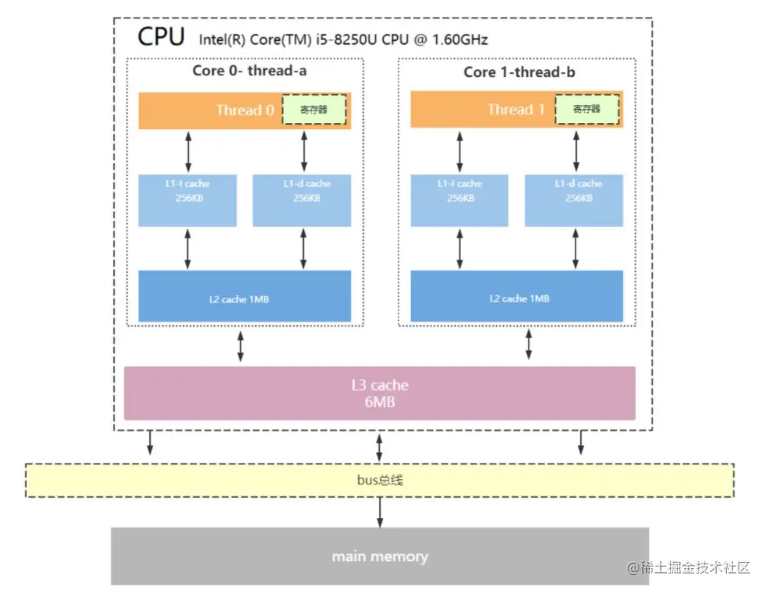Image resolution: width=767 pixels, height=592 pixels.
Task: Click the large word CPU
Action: click(161, 37)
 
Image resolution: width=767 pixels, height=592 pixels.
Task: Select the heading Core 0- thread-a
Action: click(245, 71)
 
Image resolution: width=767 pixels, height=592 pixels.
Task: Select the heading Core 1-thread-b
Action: click(519, 72)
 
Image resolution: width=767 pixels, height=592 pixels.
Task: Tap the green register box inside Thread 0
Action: click(314, 110)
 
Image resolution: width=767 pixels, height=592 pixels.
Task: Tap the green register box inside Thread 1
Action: click(588, 110)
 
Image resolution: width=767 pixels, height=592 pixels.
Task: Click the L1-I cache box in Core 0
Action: click(187, 200)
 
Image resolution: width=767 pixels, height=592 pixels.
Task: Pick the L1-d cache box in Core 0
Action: click(302, 200)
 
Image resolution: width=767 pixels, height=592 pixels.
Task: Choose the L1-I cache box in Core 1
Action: click(459, 200)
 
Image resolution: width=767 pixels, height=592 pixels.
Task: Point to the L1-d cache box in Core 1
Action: click(574, 200)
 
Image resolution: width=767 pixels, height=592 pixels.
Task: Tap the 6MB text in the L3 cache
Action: click(379, 401)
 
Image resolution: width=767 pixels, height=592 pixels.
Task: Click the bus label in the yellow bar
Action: click(379, 481)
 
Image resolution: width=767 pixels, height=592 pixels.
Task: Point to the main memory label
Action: click(379, 556)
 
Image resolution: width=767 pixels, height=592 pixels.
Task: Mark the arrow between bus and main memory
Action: click(379, 512)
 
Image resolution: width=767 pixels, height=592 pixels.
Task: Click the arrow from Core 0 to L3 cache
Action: click(241, 346)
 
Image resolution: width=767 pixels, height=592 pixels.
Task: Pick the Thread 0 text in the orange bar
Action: click(245, 110)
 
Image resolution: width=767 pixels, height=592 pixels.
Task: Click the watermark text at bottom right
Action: click(689, 568)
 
